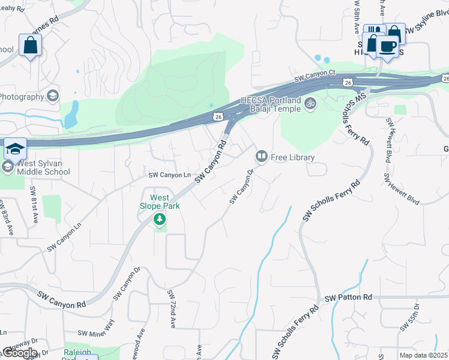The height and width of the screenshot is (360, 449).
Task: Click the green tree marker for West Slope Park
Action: pyautogui.click(x=160, y=220)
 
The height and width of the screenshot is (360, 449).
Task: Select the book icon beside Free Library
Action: pyautogui.click(x=262, y=157)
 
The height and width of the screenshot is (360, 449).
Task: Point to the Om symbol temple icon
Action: pyautogui.click(x=310, y=103)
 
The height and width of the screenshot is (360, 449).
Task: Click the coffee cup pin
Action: pyautogui.click(x=388, y=46)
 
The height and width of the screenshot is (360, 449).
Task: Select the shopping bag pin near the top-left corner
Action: pyautogui.click(x=30, y=45)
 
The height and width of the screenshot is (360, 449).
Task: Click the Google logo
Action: pyautogui.click(x=19, y=353)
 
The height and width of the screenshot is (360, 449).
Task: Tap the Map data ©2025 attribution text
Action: pyautogui.click(x=423, y=355)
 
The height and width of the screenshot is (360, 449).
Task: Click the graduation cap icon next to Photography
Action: pyautogui.click(x=53, y=97)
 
